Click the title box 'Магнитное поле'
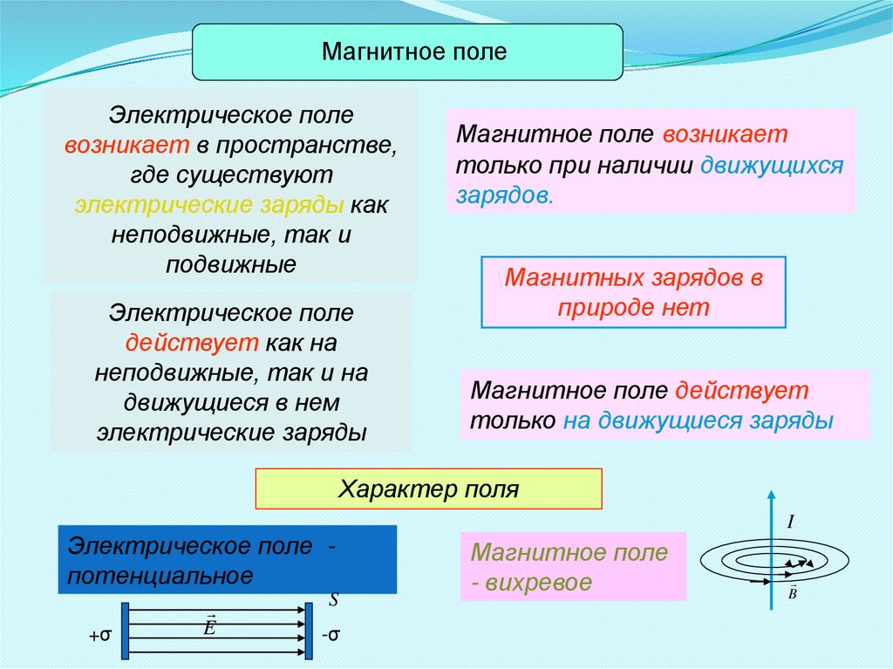[407, 52]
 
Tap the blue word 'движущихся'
[772, 166]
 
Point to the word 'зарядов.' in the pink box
[504, 195]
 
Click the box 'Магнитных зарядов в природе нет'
[633, 292]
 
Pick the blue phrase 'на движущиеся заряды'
[699, 420]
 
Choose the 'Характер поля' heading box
[428, 488]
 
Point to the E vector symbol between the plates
[209, 625]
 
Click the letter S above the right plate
[333, 600]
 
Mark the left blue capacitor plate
[126, 630]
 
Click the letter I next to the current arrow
[790, 522]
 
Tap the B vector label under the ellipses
[792, 592]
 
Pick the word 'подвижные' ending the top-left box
[231, 263]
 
